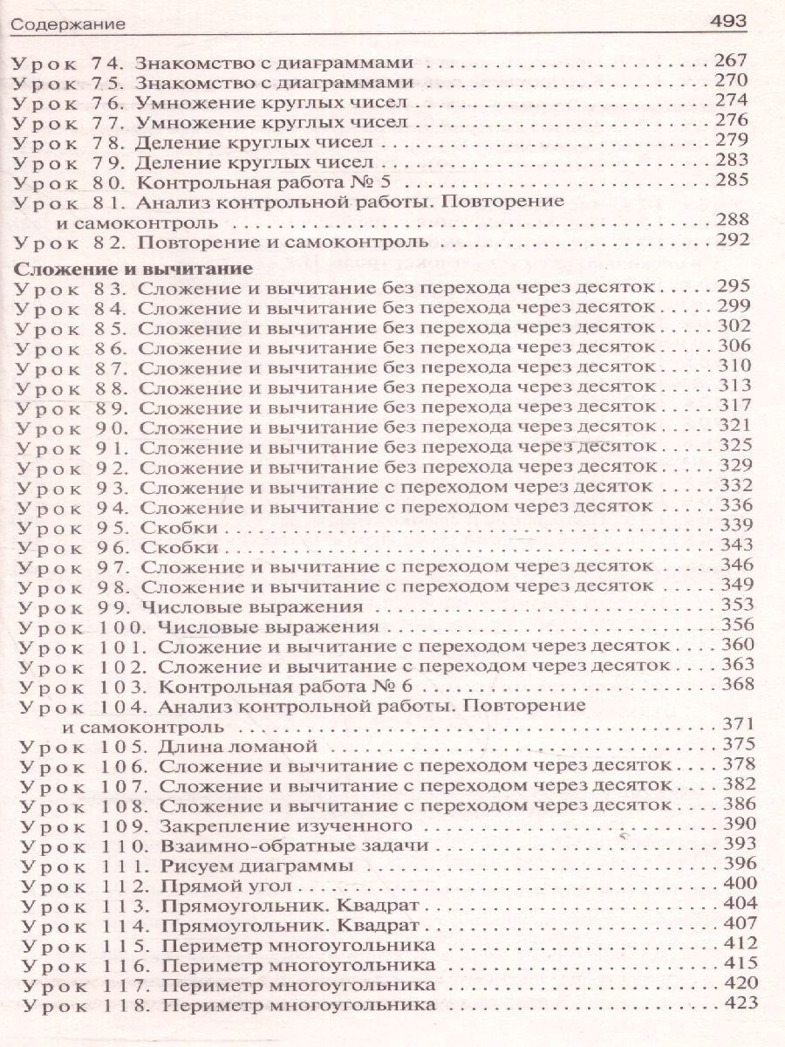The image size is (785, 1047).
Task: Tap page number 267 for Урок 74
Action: point(730,62)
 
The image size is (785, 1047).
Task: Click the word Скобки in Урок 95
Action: point(177,525)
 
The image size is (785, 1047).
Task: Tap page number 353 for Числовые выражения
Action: point(730,605)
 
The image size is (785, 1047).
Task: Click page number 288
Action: point(730,222)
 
